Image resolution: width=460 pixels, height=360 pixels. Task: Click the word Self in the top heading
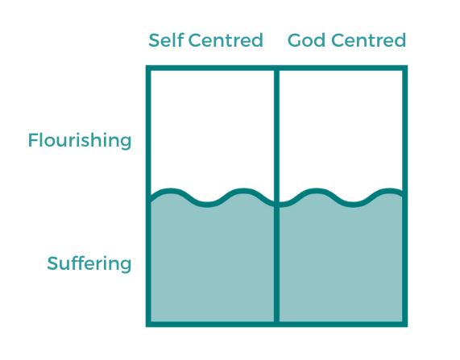166,40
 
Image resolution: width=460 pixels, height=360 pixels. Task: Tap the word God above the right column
306,40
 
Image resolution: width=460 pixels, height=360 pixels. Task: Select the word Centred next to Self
226,40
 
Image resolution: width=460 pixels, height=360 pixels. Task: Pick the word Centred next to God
369,40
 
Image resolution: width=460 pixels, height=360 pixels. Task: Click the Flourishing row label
80,140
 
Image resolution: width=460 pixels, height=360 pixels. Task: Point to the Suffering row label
89,263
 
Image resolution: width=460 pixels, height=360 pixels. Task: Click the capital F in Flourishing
33,140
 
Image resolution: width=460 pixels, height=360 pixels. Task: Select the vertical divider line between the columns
276,196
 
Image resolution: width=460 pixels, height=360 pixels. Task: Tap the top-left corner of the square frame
148,68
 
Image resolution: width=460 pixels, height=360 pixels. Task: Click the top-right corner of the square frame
405,68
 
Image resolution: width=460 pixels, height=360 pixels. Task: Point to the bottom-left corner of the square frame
148,325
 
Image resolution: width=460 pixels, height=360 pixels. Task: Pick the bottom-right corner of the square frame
405,325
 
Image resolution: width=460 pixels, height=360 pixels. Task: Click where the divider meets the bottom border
276,325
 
